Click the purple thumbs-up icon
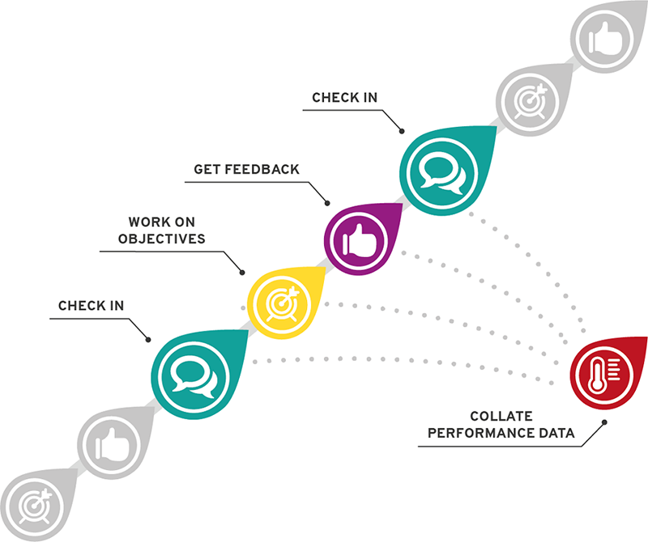point(360,240)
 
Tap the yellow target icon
point(281,304)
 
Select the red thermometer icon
point(605,375)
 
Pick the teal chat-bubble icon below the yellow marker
point(194,376)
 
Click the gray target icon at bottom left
point(34,506)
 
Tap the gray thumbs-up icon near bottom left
point(113,445)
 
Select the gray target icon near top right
point(530,101)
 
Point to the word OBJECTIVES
point(161,239)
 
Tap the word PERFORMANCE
point(481,433)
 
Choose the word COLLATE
point(501,416)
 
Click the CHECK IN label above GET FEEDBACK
point(345,97)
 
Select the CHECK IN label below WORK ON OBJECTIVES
point(91,306)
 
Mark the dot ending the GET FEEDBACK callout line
point(327,203)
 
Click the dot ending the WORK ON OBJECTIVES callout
point(242,273)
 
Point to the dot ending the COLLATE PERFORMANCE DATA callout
point(604,422)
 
